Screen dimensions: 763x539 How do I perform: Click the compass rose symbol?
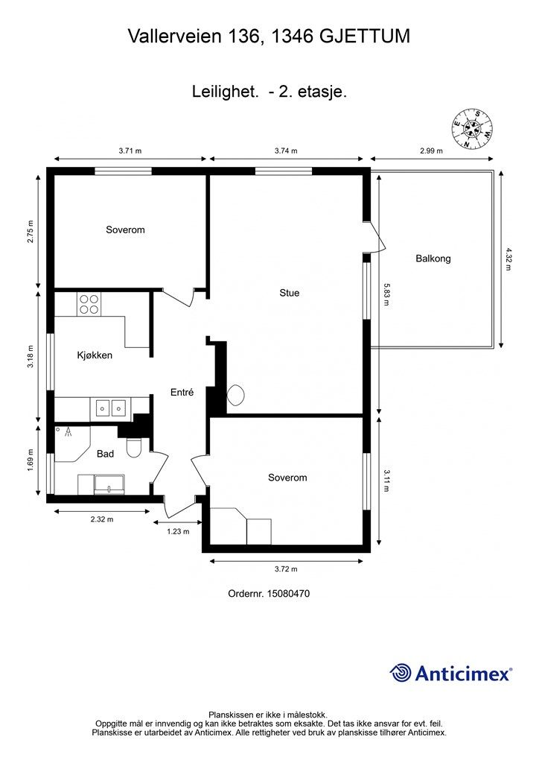click(x=472, y=129)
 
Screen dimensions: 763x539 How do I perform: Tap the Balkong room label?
click(x=433, y=259)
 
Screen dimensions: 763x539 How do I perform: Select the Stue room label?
click(x=289, y=293)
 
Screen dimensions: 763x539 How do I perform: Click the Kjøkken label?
click(x=95, y=355)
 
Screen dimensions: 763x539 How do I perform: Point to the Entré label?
click(x=182, y=393)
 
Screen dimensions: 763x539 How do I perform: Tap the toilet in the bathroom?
click(x=135, y=448)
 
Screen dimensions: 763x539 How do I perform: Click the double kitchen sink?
click(x=110, y=408)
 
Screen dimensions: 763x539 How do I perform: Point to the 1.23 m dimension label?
click(x=177, y=531)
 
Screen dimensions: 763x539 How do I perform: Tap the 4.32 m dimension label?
click(x=509, y=259)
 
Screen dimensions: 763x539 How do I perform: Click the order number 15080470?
click(x=268, y=594)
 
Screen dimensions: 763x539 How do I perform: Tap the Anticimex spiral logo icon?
click(x=401, y=673)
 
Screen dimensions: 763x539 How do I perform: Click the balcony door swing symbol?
click(x=377, y=240)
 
